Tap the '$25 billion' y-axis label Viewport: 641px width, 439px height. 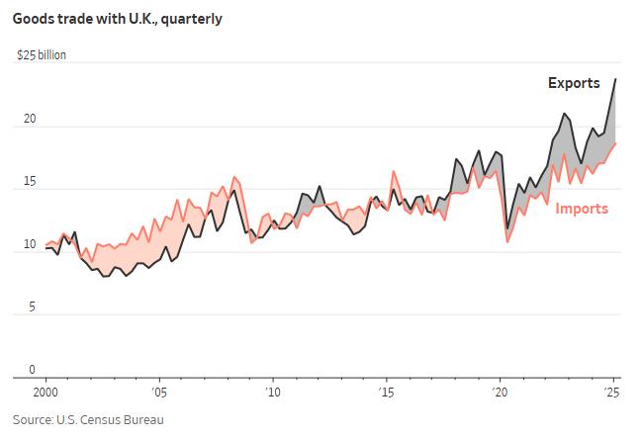tap(42, 55)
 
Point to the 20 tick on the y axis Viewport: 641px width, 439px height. tap(29, 119)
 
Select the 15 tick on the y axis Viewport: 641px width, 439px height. tap(29, 182)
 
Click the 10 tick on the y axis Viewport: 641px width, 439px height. tap(29, 244)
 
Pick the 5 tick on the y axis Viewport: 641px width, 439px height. tap(32, 307)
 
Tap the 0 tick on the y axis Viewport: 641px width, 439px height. tap(32, 370)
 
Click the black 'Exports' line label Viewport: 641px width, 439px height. tap(574, 83)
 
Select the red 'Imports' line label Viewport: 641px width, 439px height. tap(582, 208)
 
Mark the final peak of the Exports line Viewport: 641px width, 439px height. tap(615, 79)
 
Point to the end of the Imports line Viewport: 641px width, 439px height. tap(615, 143)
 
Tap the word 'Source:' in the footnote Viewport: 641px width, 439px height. tap(33, 420)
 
